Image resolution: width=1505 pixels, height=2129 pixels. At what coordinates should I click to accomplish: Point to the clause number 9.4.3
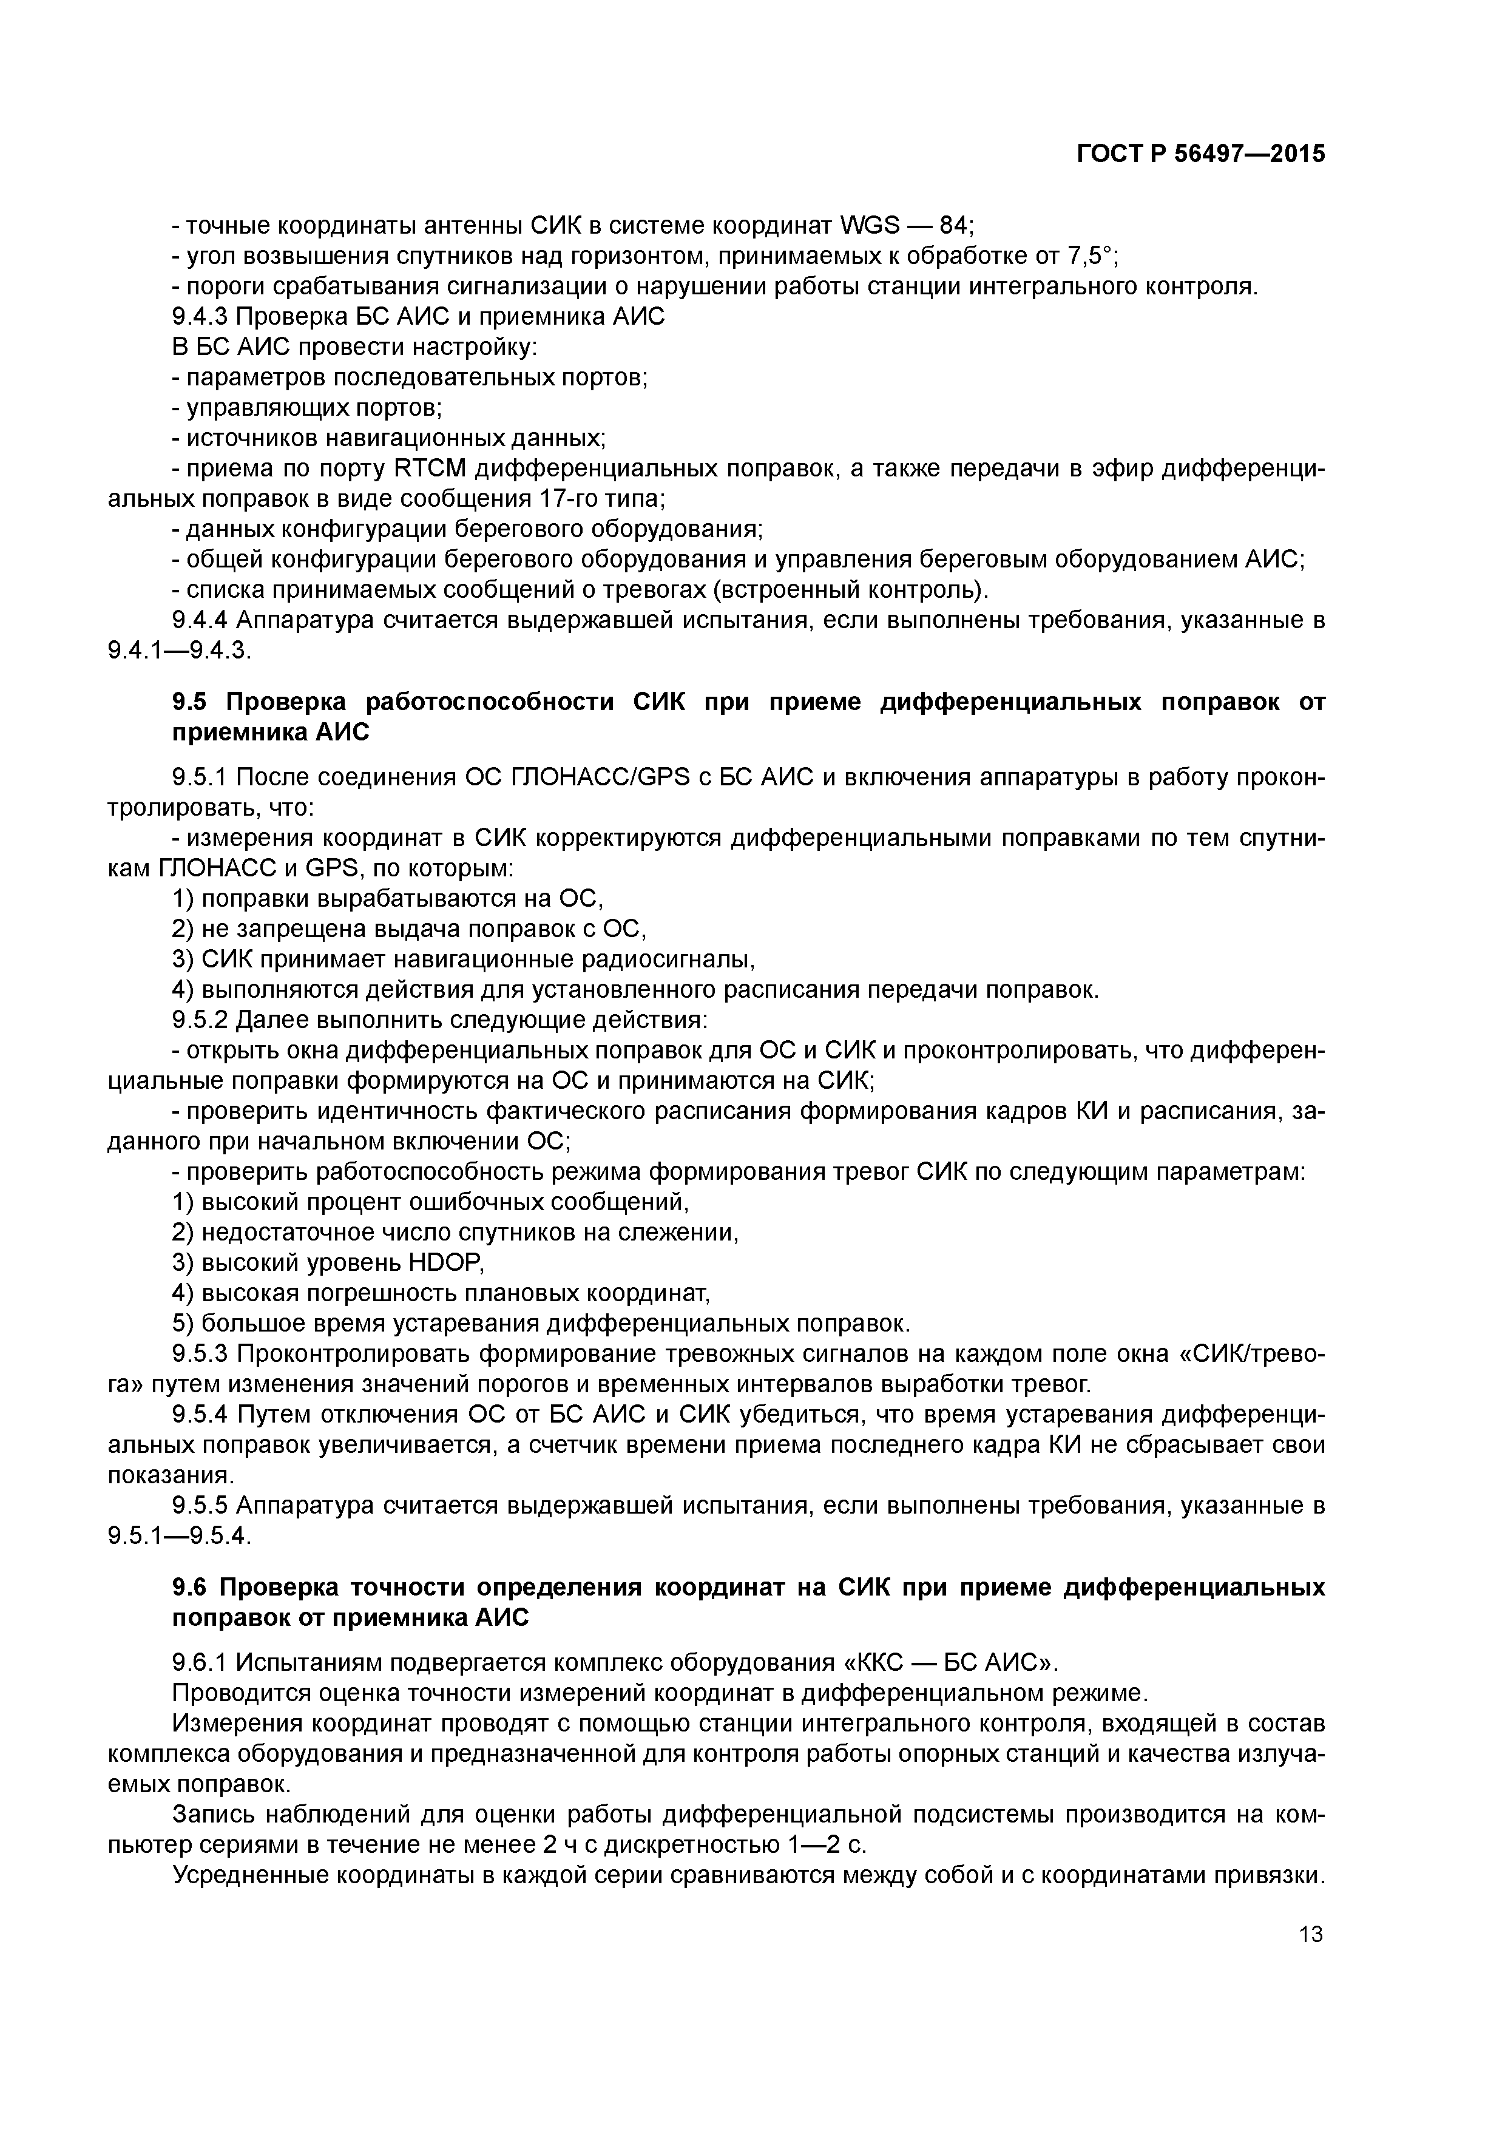pyautogui.click(x=200, y=317)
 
